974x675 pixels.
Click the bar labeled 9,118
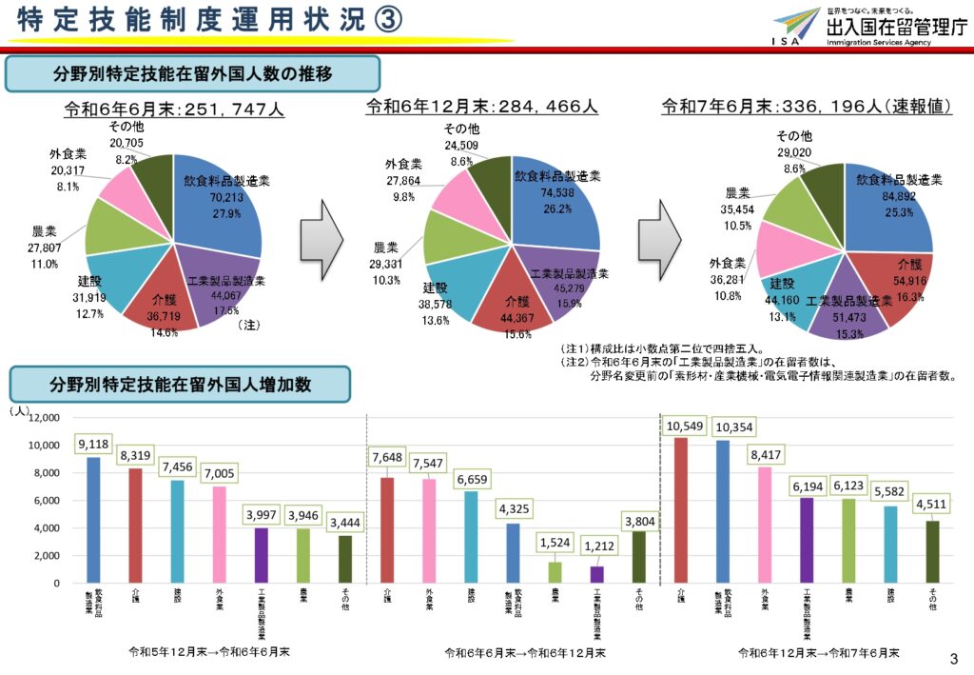[x=93, y=520]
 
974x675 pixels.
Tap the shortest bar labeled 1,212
[x=596, y=574]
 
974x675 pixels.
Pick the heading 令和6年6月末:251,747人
[x=174, y=109]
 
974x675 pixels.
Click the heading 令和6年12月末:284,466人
[x=482, y=108]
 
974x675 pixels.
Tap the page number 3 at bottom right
[x=955, y=658]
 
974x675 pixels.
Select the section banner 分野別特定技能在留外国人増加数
[x=181, y=385]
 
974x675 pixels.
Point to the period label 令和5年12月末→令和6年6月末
[x=209, y=652]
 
